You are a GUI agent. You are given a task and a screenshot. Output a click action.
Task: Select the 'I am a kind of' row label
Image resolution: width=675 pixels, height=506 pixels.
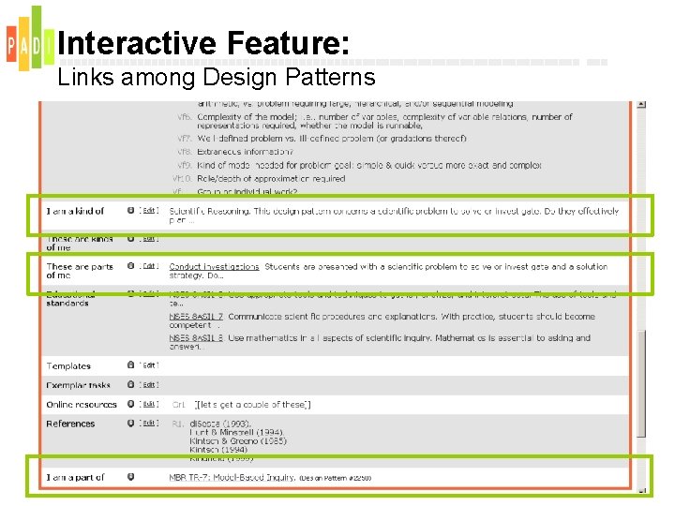pos(75,212)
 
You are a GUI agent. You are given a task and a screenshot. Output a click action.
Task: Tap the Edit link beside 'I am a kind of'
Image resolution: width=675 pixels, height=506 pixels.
pos(148,212)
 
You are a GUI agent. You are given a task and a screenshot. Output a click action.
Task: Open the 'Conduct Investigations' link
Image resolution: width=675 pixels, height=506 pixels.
pos(214,267)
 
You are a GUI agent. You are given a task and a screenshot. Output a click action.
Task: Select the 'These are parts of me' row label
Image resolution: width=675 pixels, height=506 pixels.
pos(79,271)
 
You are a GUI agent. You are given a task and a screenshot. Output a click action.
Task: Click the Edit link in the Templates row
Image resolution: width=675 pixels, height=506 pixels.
pos(148,365)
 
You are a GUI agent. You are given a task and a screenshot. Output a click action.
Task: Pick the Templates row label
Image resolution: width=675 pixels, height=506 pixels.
pos(68,366)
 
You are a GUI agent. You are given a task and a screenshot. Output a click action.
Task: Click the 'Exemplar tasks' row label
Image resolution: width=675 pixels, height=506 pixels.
pos(78,385)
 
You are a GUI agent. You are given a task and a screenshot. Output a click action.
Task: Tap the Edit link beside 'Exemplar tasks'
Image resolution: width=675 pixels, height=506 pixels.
pos(148,385)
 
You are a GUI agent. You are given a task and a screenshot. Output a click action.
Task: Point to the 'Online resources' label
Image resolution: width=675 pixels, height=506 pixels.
pos(82,405)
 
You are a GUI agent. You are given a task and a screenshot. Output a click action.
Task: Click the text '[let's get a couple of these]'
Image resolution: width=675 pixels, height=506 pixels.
pos(252,405)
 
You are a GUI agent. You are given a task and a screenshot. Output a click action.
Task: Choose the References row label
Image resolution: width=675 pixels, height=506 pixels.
pos(70,424)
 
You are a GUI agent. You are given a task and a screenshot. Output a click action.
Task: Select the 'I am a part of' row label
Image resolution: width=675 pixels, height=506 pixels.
pos(75,478)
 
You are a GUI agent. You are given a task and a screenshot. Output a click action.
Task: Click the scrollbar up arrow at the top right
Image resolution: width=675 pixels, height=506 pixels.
pos(641,104)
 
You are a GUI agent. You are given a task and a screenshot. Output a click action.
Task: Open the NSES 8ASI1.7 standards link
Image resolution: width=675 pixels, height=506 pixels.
pos(195,317)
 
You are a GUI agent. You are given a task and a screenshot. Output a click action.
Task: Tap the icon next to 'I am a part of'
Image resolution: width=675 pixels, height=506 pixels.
pos(130,477)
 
